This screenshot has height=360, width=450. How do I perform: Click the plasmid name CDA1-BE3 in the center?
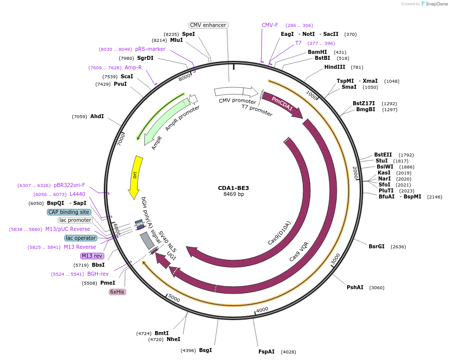pos(233,188)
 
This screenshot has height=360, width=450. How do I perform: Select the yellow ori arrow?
pos(135,177)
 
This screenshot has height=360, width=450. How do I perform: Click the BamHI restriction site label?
pos(317,52)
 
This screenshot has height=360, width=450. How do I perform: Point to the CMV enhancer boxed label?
pos(209,25)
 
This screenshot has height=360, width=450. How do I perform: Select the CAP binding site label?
pos(69,212)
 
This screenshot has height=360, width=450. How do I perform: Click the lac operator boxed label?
pos(80,238)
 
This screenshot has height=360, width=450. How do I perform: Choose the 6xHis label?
pos(117,292)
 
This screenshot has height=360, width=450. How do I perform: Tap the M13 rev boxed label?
pos(92,256)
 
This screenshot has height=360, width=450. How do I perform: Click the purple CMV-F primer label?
pos(270,25)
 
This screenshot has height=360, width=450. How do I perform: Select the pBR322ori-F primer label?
pos(70,185)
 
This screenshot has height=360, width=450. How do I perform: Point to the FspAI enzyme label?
pos(266,352)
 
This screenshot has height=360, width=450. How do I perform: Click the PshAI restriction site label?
pos(355,287)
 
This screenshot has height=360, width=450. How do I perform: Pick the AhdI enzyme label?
pos(97,116)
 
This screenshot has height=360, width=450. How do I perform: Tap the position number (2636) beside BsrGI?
pos(398,246)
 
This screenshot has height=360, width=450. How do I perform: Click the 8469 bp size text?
pos(233,194)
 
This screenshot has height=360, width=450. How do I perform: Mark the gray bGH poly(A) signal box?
pos(147,241)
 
